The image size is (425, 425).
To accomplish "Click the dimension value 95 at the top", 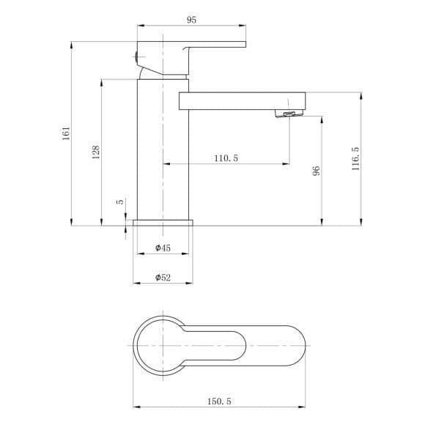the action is point(191,20).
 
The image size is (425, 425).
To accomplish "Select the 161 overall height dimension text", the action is point(66,133).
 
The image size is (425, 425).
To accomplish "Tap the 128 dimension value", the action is point(96,152).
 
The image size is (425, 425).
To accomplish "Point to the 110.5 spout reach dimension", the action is point(226,158).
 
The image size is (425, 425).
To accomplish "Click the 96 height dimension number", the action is point(316,171).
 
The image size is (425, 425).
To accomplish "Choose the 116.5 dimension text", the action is point(355,159).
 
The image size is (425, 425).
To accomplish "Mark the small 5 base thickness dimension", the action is point(119,202).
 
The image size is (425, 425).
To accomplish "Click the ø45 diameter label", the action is point(163,248).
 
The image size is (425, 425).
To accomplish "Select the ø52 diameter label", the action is point(163,277).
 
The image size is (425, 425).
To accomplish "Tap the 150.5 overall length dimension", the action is point(219,401).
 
